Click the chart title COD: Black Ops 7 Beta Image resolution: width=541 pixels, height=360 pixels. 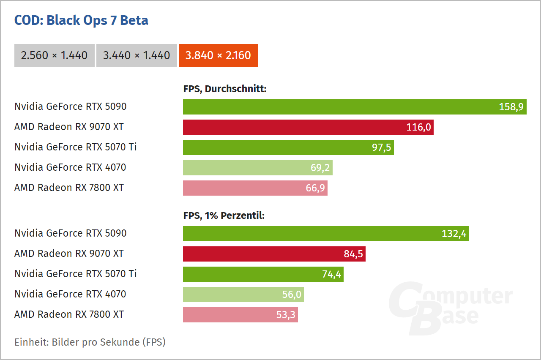coord(81,20)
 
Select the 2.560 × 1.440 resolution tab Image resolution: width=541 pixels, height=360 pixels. coord(54,55)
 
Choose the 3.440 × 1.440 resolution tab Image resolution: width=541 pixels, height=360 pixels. coord(136,55)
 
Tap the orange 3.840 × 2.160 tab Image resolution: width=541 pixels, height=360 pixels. coord(218,55)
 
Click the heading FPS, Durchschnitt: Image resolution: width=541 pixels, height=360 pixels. coord(224,89)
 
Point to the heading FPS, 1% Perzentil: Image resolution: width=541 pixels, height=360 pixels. coord(224,216)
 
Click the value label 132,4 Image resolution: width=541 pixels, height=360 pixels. coord(454,234)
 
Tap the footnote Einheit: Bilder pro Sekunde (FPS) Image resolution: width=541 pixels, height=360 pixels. coord(90,342)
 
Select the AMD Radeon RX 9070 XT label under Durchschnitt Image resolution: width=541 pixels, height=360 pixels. coord(69,127)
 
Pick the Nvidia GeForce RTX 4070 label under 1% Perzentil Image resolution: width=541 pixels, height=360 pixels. coord(70,295)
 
